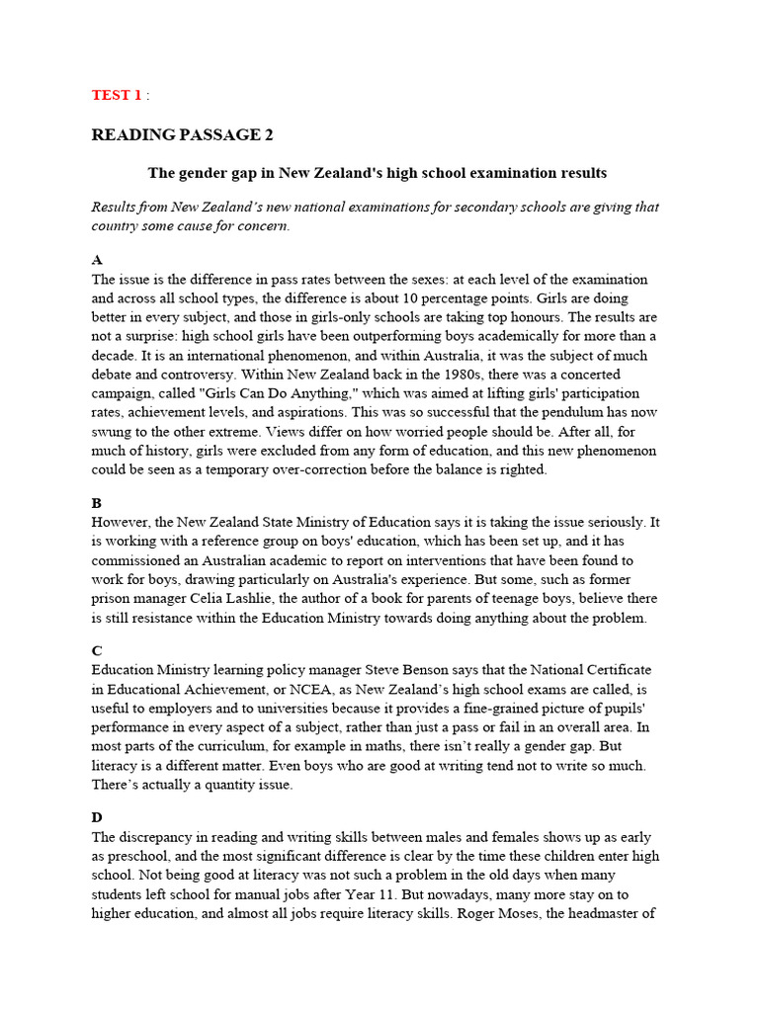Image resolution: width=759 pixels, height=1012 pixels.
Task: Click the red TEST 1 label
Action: [117, 95]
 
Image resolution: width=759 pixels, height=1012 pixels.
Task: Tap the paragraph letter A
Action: [97, 260]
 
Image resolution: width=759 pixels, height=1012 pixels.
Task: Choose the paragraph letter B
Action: [97, 502]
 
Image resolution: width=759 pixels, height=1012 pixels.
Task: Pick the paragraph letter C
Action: [97, 650]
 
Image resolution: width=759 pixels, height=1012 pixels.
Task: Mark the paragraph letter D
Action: [97, 816]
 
